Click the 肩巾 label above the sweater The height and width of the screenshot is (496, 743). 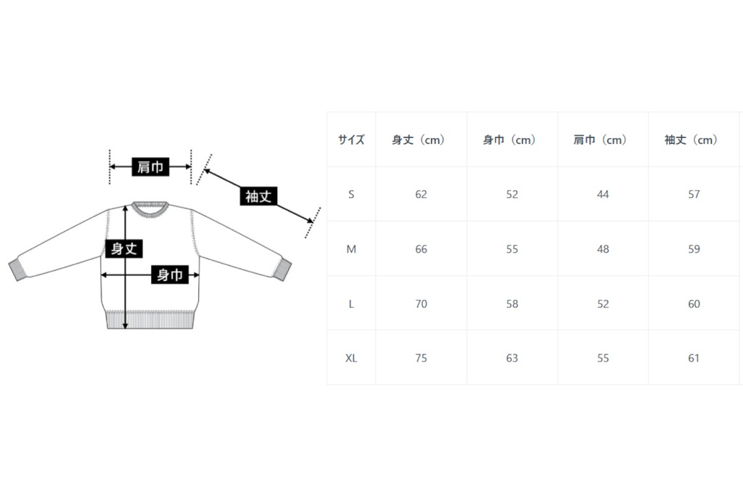(x=150, y=168)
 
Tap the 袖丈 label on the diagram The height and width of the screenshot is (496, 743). (x=258, y=196)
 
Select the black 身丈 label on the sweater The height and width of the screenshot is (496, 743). (x=123, y=249)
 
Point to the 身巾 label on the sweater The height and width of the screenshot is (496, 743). (x=169, y=275)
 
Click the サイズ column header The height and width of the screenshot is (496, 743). (x=351, y=140)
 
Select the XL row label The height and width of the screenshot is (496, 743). (x=351, y=358)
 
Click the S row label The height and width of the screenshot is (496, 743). (x=351, y=195)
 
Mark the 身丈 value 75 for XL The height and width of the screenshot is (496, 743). (x=421, y=358)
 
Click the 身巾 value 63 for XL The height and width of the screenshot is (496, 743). (x=512, y=358)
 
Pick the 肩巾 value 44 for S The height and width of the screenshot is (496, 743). (x=603, y=195)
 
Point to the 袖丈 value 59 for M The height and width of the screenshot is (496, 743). (x=694, y=249)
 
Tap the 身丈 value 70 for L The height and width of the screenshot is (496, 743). (x=421, y=304)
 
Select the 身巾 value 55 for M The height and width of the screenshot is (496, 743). (x=512, y=249)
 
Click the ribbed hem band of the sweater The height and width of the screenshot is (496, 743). (x=150, y=320)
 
